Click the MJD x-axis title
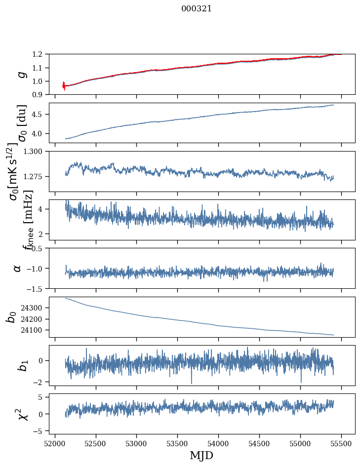click(201, 455)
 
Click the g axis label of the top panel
click(21, 75)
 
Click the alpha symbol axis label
click(17, 268)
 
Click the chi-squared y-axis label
click(21, 414)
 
